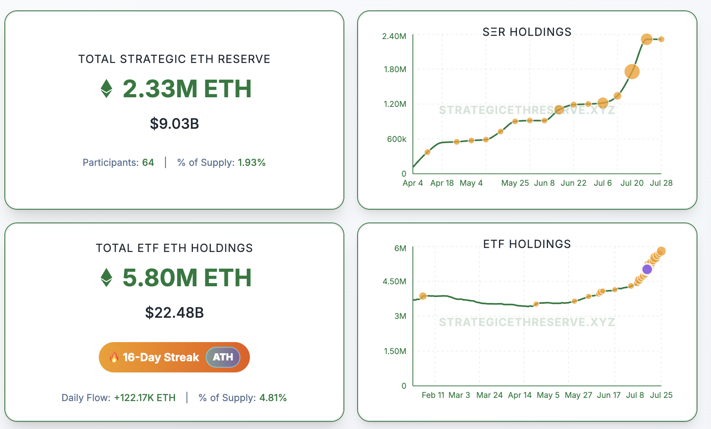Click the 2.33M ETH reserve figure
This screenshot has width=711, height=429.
coord(187,89)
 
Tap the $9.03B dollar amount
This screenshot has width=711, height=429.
coord(174,124)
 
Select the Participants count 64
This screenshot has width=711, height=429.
coord(148,163)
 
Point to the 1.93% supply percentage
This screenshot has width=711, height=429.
coord(251,163)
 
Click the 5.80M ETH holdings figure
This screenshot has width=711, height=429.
coord(187,277)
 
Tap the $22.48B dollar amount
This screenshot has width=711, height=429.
coord(174,313)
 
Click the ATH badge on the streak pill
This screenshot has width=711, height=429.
coord(223,357)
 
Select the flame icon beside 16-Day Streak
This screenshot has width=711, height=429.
coord(114,357)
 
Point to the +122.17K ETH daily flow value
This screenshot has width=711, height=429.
coord(145,398)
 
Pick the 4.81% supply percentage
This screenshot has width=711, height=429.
coord(273,398)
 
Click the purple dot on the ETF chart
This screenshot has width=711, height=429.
coord(647,269)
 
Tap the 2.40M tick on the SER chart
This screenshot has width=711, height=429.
coord(394,36)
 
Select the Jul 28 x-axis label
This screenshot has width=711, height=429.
coord(661,183)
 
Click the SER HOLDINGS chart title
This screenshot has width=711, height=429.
coord(527,32)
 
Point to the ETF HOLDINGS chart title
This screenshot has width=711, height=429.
coord(527,244)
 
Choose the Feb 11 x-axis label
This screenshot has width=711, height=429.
coord(433,395)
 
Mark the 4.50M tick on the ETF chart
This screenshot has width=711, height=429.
coord(394,281)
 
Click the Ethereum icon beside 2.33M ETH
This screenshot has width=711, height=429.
coord(106,89)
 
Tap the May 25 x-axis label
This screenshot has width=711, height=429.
coord(515,183)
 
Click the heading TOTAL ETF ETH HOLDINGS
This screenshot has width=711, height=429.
coord(174,248)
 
